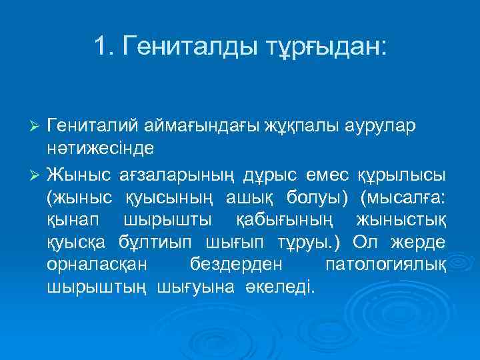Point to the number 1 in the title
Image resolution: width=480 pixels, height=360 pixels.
click(x=101, y=47)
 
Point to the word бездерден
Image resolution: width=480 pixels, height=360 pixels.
click(x=237, y=264)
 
